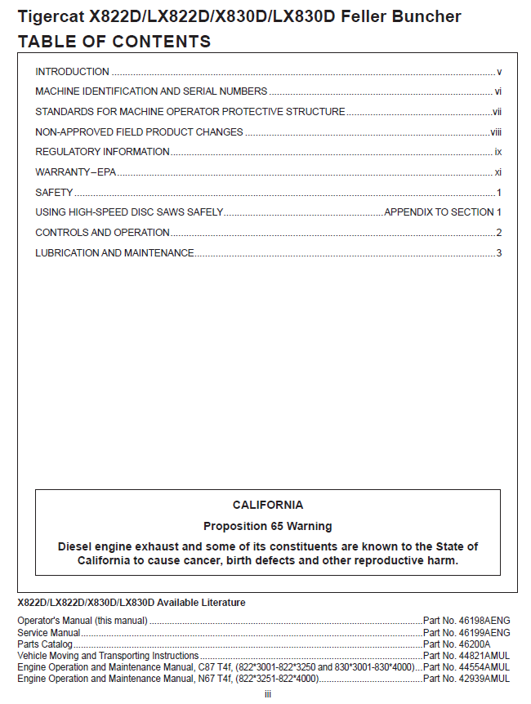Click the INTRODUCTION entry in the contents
click(72, 72)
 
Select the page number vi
click(498, 91)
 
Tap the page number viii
click(495, 131)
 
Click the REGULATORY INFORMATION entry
click(102, 152)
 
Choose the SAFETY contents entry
click(54, 193)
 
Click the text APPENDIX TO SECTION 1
click(442, 212)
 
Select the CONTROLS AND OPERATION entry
click(102, 233)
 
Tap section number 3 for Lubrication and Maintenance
click(498, 253)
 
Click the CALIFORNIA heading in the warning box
click(267, 506)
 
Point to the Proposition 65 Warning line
click(267, 526)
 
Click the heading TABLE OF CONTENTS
click(114, 42)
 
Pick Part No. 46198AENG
click(466, 621)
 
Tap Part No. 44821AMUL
click(466, 656)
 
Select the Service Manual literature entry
click(49, 633)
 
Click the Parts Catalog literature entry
click(45, 644)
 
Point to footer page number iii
click(267, 694)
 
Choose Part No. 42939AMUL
click(466, 679)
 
